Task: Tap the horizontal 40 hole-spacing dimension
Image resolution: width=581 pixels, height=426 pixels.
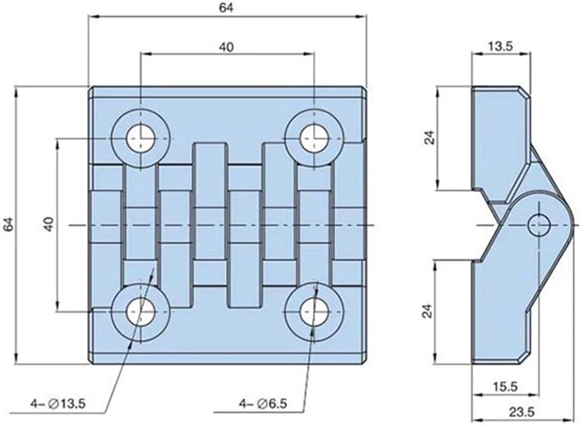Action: pos(226,47)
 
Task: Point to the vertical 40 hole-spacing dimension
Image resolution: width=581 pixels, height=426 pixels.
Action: pos(48,225)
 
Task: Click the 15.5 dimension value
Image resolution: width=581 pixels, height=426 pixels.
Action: pos(506,386)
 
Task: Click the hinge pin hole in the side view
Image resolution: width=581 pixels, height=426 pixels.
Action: pos(539,225)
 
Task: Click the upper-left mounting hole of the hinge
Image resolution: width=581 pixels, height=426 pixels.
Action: pos(141,138)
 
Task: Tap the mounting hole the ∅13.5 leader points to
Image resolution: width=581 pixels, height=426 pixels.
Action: pos(141,312)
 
